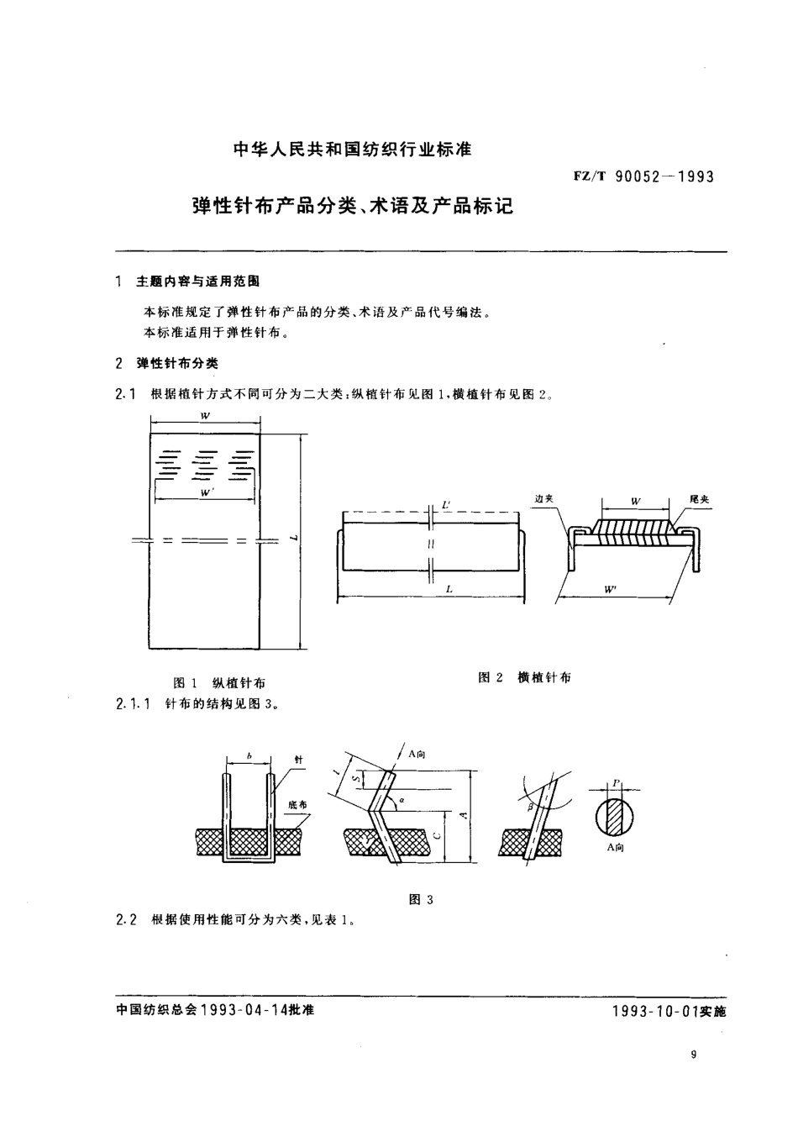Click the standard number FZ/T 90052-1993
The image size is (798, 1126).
643,176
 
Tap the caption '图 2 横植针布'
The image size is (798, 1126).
524,677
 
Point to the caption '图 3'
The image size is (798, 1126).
420,900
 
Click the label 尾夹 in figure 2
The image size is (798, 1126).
699,499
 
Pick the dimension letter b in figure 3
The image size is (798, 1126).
249,758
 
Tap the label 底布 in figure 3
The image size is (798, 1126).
297,804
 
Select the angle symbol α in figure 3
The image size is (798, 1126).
402,800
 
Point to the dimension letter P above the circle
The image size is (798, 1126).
616,782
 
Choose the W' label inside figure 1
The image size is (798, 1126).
204,493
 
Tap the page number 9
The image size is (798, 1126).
692,1055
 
